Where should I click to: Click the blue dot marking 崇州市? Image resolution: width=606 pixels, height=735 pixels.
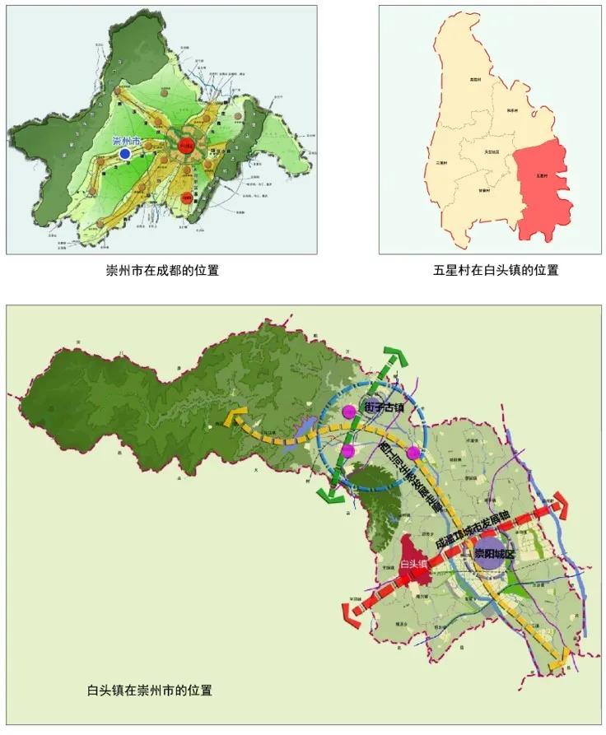tap(124, 153)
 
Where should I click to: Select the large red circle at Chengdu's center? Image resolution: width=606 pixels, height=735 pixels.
tap(186, 148)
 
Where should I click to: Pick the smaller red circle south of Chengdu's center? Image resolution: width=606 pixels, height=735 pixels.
tap(188, 198)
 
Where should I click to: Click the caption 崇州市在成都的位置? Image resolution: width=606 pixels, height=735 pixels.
tap(161, 270)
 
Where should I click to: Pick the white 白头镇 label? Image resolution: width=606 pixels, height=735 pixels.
tap(413, 564)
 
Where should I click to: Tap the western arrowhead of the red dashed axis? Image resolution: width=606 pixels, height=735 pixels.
tap(352, 614)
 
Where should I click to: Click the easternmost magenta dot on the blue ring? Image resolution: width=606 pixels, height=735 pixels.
tap(413, 453)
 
